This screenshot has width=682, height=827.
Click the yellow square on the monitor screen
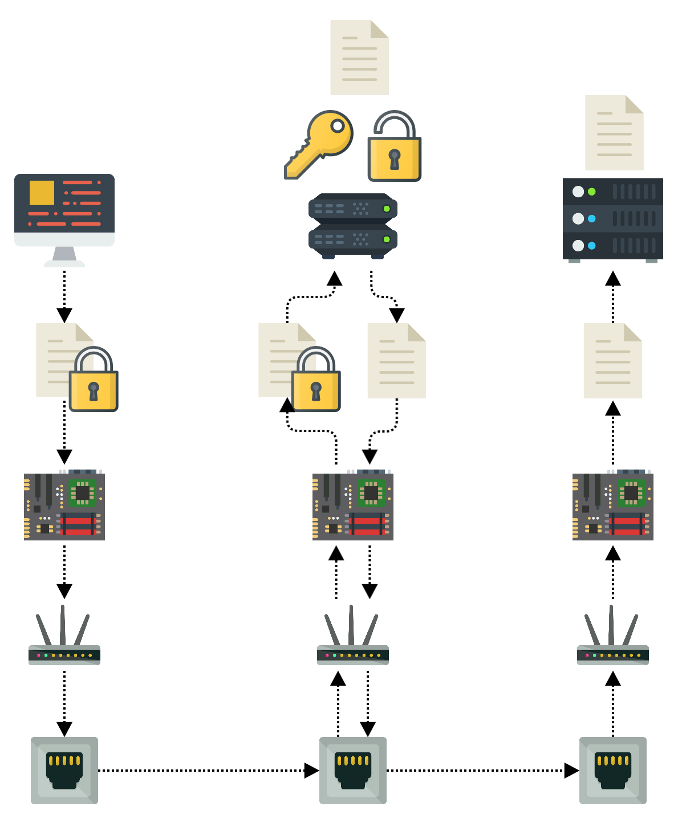click(42, 193)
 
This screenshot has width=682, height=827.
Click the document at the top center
click(359, 58)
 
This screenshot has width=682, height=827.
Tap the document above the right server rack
click(614, 133)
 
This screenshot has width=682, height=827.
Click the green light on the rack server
click(592, 192)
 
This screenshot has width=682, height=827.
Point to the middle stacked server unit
click(352, 225)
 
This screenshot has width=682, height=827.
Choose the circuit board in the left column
click(64, 506)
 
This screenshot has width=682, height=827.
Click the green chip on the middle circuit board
click(371, 492)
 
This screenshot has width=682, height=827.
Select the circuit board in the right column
click(612, 506)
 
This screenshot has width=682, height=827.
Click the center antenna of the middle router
click(352, 624)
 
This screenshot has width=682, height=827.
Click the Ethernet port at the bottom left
click(64, 770)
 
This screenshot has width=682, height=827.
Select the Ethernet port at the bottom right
click(612, 770)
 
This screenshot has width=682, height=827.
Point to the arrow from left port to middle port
click(205, 771)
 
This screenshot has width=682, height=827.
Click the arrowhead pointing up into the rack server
click(613, 279)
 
